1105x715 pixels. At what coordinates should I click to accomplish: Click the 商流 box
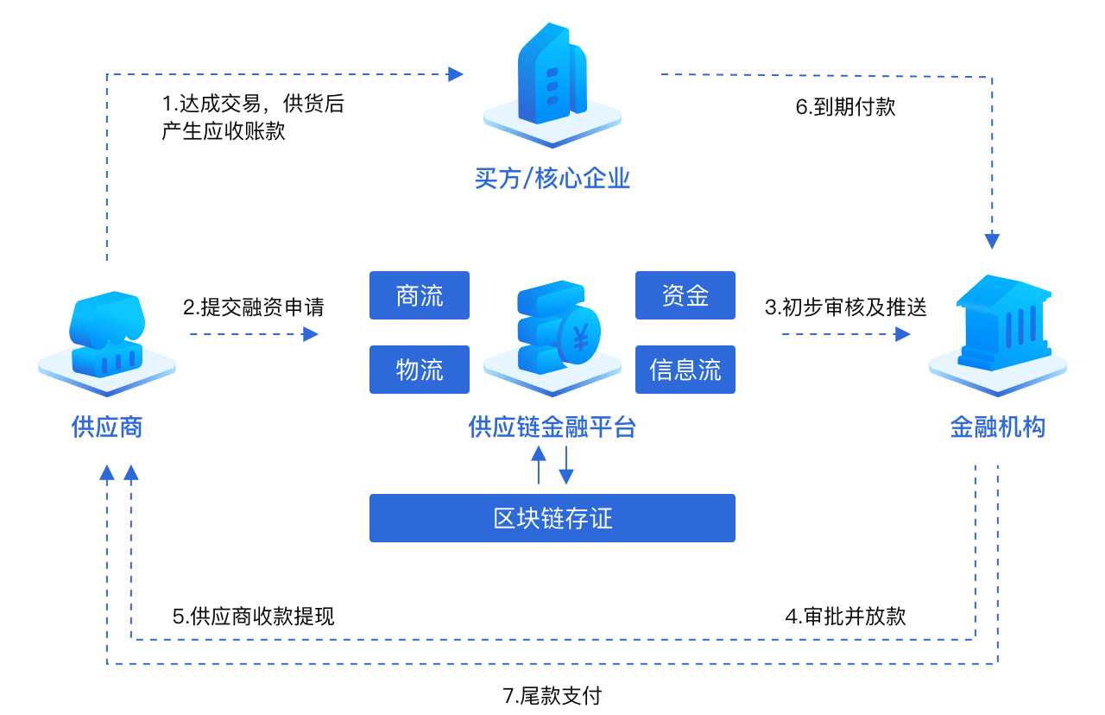point(420,295)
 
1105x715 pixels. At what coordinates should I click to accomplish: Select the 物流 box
point(420,370)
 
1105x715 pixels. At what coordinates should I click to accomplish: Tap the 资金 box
point(685,295)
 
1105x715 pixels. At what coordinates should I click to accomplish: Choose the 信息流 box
point(685,370)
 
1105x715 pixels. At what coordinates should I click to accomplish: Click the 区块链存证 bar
point(552,518)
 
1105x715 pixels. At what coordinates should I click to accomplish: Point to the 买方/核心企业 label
point(552,179)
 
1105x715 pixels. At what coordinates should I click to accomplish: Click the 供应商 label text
point(107,427)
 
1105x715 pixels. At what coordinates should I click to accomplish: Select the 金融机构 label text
point(997,427)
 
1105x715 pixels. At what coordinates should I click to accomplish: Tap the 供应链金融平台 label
point(552,427)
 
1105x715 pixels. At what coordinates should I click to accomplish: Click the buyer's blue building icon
point(552,78)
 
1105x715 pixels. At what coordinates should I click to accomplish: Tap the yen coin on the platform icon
point(580,338)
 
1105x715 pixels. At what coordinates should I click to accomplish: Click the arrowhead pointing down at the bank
point(992,240)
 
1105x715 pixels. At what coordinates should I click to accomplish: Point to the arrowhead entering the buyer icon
point(456,74)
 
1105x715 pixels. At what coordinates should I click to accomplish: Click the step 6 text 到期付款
point(846,108)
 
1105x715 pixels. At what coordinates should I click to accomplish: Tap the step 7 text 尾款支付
point(552,696)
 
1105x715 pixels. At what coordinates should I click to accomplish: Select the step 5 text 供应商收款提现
point(255,617)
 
